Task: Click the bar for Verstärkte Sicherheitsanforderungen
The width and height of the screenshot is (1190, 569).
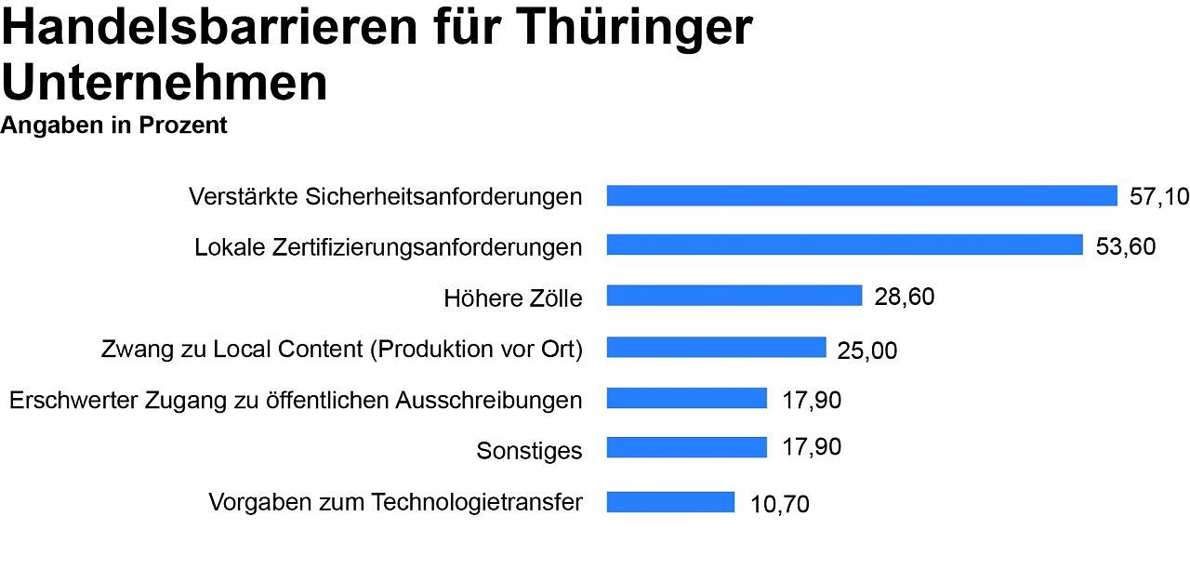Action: click(862, 195)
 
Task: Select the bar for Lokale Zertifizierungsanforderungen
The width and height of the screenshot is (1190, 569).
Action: click(845, 245)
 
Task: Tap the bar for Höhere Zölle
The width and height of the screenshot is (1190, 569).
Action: click(734, 296)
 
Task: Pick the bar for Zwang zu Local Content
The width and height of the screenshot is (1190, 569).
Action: click(716, 347)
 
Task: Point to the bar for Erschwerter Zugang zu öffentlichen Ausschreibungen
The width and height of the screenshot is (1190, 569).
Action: click(687, 398)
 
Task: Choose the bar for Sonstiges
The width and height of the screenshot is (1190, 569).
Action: click(687, 448)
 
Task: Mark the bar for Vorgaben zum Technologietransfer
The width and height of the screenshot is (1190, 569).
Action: click(670, 502)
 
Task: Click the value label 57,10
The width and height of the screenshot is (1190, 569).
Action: click(1159, 196)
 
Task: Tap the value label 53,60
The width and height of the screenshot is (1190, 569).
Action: click(1126, 246)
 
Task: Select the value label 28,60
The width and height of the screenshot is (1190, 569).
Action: click(905, 297)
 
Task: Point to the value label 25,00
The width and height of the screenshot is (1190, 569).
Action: click(867, 351)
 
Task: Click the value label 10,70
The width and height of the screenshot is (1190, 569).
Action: click(780, 505)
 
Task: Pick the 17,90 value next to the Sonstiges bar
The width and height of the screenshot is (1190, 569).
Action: click(812, 447)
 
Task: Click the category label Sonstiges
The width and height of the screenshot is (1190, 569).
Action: click(529, 451)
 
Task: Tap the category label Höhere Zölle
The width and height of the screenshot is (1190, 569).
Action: click(513, 298)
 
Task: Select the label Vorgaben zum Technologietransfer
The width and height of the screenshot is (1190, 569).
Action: click(395, 503)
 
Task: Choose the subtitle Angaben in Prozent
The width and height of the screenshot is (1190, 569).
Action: click(114, 126)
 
